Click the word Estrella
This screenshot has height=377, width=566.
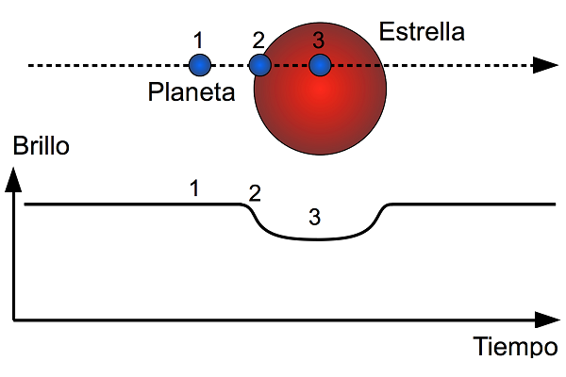(422, 32)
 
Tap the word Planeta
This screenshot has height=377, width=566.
(191, 91)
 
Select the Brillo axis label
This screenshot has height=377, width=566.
(41, 146)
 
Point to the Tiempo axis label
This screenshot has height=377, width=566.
(515, 346)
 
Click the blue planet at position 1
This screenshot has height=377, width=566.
(200, 65)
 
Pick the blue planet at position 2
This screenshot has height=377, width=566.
(260, 65)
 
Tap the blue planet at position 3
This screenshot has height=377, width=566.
(320, 65)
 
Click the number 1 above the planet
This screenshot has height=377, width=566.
(198, 40)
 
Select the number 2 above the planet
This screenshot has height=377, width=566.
(258, 40)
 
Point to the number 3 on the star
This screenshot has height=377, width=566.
(319, 40)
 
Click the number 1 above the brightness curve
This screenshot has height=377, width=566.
(194, 188)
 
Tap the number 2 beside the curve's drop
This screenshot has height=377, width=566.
(255, 193)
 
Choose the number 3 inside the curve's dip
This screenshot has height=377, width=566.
(315, 217)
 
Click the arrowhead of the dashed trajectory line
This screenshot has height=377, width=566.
(545, 65)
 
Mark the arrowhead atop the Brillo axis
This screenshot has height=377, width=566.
(13, 179)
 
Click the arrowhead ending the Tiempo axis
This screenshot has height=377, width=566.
(547, 320)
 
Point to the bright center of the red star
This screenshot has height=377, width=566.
(320, 89)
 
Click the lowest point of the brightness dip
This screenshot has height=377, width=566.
(318, 239)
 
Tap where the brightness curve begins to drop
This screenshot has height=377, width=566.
(241, 205)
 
